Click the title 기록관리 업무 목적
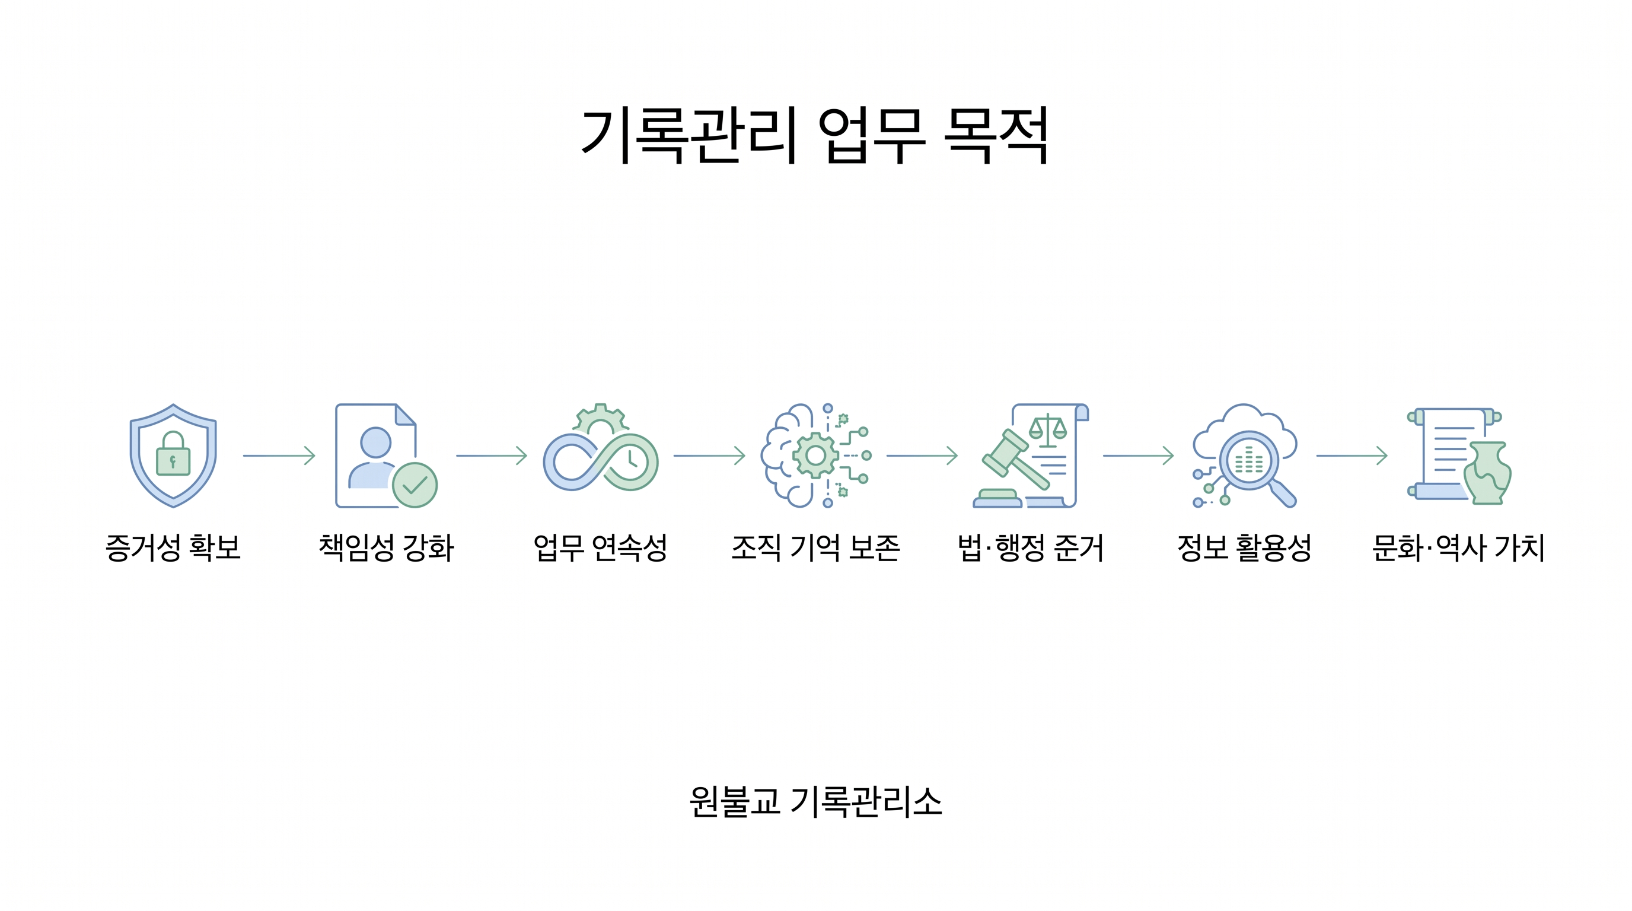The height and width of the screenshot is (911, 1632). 815,136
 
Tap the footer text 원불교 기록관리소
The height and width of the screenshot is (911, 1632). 816,801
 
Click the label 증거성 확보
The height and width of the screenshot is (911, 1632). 173,547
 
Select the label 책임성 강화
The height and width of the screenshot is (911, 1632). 387,547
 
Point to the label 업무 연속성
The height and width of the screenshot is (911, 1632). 601,547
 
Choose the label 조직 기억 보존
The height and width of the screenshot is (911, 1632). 816,547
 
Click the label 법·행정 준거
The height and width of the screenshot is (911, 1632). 1031,547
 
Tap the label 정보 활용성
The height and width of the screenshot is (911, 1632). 1244,547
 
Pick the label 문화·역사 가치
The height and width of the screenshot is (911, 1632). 1458,547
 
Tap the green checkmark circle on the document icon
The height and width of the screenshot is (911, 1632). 415,485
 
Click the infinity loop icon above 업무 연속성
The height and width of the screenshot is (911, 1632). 601,462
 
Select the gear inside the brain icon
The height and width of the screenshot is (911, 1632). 815,455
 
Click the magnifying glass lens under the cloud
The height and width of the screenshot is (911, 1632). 1249,461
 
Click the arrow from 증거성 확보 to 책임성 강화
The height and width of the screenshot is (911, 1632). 279,455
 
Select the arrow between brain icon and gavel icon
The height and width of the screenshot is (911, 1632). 922,455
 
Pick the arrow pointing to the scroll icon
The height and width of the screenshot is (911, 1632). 1352,455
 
